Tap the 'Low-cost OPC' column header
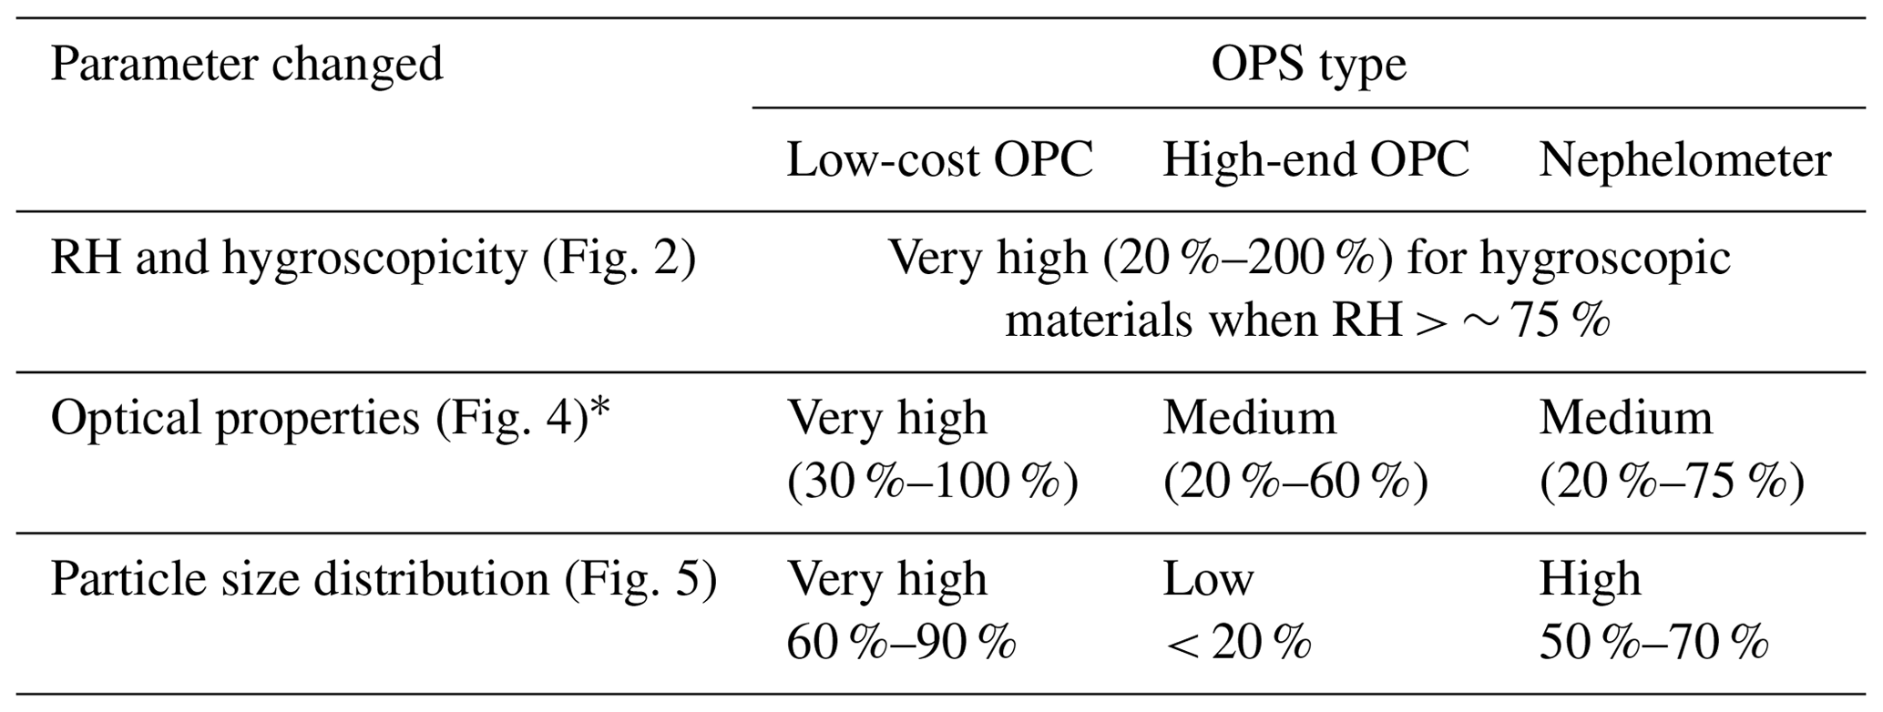click(939, 161)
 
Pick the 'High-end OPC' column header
click(1315, 161)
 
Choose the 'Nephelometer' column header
click(1684, 161)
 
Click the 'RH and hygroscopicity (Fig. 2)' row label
click(373, 259)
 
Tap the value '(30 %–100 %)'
click(932, 483)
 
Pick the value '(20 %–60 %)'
click(1295, 483)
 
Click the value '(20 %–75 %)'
click(1672, 483)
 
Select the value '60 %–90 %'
click(901, 644)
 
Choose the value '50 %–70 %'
click(1653, 644)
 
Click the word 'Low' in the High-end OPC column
click(1207, 580)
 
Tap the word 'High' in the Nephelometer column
click(1590, 580)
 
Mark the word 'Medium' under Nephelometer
click(1625, 419)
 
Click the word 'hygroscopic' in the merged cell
click(1604, 259)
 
